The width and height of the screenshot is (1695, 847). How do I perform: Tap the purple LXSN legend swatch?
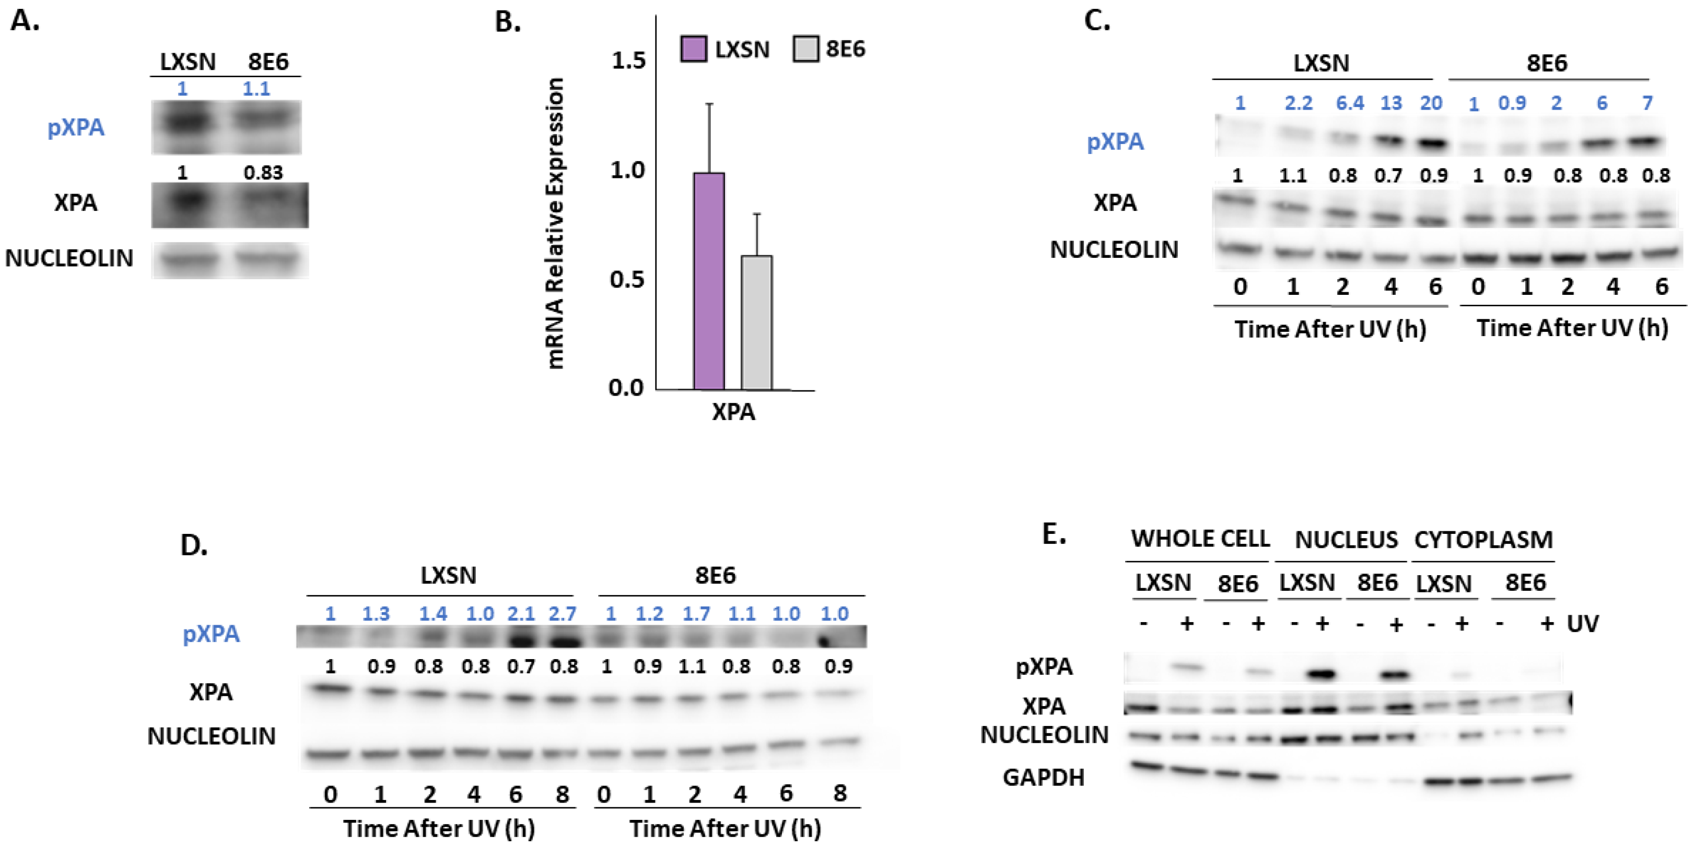pyautogui.click(x=693, y=50)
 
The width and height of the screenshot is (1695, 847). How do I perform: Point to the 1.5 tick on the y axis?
pyautogui.click(x=628, y=61)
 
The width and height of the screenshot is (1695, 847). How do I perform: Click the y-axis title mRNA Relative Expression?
pyautogui.click(x=556, y=223)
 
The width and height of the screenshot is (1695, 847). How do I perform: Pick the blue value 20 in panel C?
pyautogui.click(x=1431, y=103)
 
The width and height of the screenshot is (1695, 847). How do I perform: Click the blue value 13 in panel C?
pyautogui.click(x=1391, y=103)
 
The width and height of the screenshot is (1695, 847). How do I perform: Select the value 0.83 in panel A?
pyautogui.click(x=263, y=173)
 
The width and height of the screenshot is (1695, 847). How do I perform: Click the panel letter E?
pyautogui.click(x=1054, y=534)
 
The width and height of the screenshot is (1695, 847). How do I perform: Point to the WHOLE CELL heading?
pyautogui.click(x=1199, y=539)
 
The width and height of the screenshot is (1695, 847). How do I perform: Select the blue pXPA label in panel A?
pyautogui.click(x=76, y=127)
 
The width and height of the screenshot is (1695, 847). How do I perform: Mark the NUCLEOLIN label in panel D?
pyautogui.click(x=211, y=736)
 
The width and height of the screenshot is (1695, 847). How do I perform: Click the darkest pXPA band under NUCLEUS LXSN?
pyautogui.click(x=1321, y=674)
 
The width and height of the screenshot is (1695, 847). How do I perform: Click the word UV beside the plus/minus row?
pyautogui.click(x=1583, y=624)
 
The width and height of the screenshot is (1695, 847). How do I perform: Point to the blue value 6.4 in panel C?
pyautogui.click(x=1350, y=103)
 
